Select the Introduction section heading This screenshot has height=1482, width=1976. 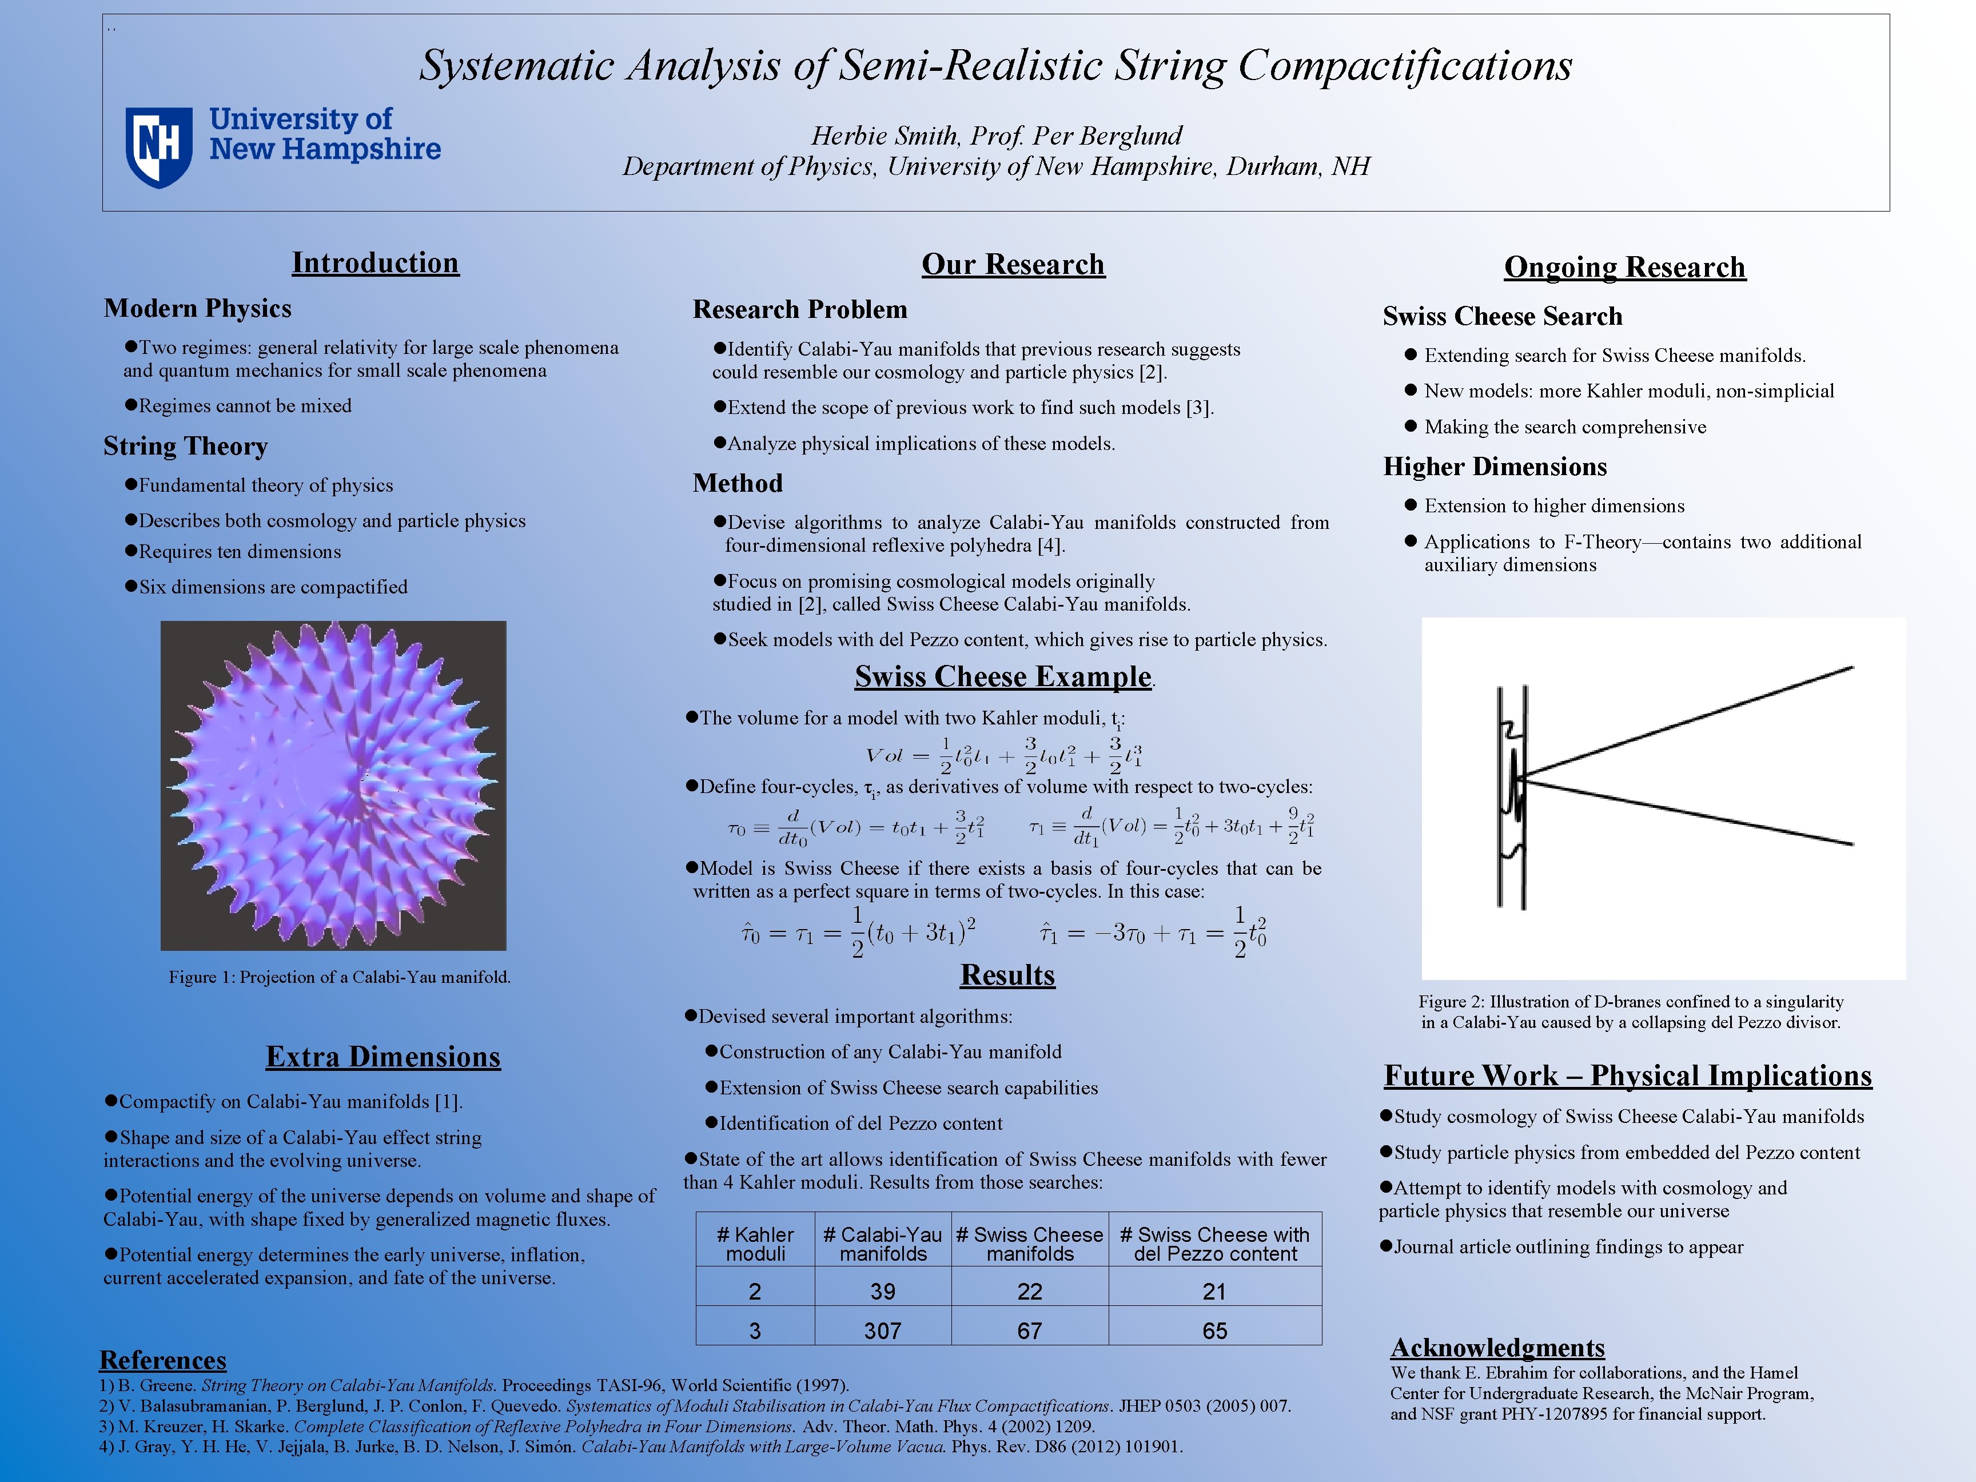point(375,262)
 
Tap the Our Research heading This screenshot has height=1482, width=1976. point(1013,264)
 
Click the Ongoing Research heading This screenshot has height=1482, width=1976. point(1624,267)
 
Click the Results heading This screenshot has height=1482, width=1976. point(1007,975)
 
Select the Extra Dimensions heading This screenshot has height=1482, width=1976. point(383,1057)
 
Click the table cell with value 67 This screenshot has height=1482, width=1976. point(1029,1330)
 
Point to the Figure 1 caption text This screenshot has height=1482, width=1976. point(340,977)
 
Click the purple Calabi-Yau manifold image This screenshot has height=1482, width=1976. point(333,785)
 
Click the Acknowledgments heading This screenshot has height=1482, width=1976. point(1497,1347)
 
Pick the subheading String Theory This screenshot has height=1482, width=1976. point(186,446)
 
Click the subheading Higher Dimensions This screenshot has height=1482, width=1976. point(1495,467)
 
